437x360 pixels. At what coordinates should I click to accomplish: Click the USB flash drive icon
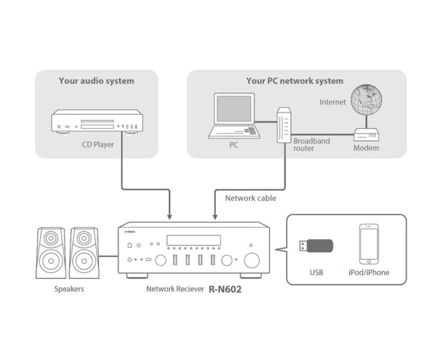click(315, 246)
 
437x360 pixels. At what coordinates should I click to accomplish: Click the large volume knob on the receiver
click(252, 260)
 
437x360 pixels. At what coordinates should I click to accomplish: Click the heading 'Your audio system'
click(96, 81)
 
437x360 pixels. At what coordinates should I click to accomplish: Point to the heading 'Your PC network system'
click(294, 81)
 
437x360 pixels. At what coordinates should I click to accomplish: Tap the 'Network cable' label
click(250, 198)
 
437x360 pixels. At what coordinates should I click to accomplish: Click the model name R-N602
click(225, 290)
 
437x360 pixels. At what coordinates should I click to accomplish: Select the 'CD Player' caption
click(98, 144)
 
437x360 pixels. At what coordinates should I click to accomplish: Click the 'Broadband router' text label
click(311, 144)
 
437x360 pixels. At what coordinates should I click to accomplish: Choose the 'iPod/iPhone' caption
click(369, 272)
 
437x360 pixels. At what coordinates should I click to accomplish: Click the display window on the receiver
click(194, 240)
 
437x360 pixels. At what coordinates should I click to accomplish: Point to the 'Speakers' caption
click(69, 289)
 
